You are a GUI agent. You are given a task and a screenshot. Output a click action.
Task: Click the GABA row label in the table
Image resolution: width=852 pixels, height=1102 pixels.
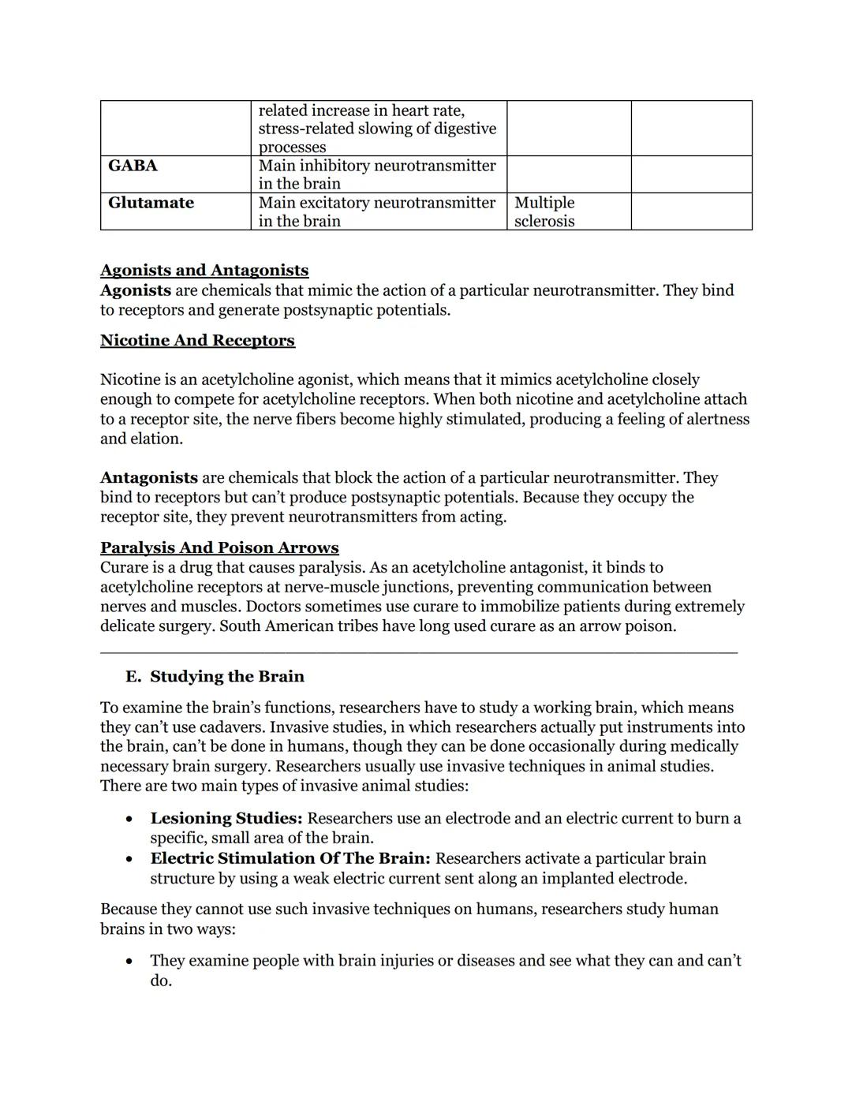(133, 166)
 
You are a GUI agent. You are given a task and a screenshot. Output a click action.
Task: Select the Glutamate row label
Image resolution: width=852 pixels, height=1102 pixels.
(151, 203)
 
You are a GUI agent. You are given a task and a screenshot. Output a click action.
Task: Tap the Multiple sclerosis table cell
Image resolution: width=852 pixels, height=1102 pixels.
(544, 211)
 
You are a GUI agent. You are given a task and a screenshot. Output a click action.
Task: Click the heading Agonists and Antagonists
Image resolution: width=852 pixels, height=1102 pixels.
(204, 270)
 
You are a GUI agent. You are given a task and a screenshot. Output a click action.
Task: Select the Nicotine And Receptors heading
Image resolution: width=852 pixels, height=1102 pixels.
(197, 340)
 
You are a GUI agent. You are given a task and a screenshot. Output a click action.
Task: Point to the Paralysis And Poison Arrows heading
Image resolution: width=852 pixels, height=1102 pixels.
(219, 547)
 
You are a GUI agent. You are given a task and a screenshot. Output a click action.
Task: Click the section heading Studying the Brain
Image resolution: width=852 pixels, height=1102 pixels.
(227, 676)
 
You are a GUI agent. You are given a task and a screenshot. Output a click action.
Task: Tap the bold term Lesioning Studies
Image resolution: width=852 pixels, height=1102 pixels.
(226, 818)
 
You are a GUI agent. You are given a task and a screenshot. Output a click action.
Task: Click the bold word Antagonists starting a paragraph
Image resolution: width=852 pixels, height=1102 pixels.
(149, 477)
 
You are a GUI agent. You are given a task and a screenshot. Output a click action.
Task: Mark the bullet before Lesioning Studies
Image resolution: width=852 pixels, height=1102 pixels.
(129, 819)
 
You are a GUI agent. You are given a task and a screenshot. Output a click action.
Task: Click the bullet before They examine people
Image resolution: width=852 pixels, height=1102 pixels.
(129, 962)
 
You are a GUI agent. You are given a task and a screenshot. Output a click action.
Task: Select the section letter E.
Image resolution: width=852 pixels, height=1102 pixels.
(132, 676)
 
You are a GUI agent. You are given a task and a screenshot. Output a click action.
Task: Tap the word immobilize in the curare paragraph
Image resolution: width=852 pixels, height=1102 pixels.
(524, 607)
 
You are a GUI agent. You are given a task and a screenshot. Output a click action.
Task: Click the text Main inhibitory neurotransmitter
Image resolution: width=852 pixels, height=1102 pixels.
(377, 166)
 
